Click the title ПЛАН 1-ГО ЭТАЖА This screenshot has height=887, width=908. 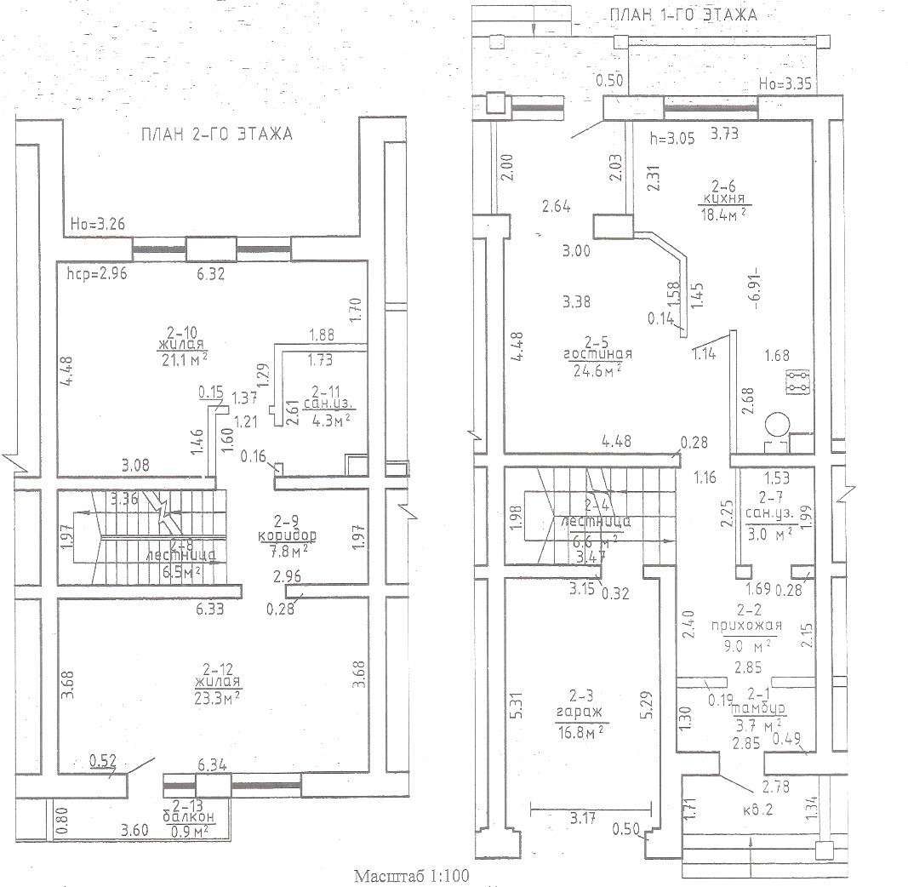(682, 14)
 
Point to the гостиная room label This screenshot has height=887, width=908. (595, 354)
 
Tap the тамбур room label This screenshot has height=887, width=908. (758, 708)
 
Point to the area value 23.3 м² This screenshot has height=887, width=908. (217, 696)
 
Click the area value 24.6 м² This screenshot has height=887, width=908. (595, 369)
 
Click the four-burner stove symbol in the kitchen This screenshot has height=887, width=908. (797, 382)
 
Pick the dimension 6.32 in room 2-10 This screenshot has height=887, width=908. (210, 274)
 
